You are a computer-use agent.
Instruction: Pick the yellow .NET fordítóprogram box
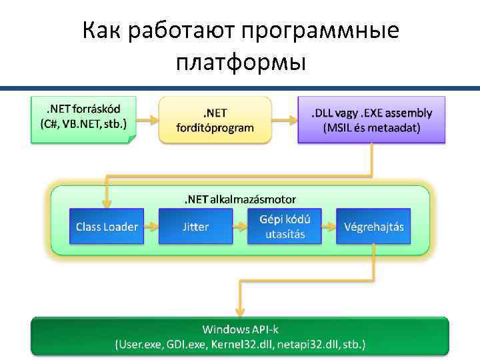215,119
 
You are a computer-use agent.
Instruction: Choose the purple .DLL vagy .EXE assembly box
371,119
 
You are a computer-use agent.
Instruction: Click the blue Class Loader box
107,227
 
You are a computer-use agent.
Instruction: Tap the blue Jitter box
195,227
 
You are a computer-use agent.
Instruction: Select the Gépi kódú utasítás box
285,226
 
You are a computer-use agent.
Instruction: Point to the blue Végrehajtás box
373,227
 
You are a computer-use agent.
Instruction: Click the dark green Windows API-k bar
240,337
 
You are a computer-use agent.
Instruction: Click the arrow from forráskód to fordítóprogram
147,120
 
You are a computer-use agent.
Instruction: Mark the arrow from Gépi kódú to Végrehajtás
329,227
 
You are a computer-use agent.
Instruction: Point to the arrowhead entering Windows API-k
240,311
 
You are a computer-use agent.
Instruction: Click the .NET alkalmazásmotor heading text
240,199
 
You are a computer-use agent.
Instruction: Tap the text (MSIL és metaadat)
371,129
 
